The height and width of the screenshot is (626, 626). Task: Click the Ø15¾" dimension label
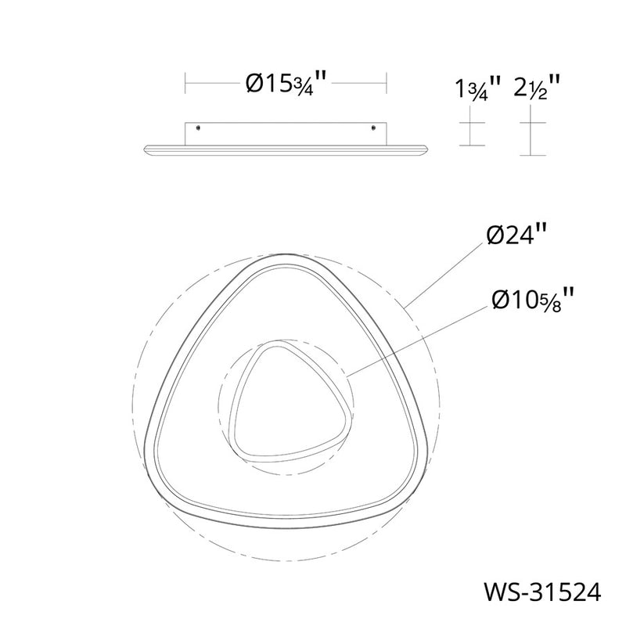[x=286, y=83]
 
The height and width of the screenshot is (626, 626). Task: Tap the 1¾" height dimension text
[x=477, y=88]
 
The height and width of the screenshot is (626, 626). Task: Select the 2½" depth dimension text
[x=537, y=87]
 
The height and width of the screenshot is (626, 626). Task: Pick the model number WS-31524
[x=542, y=592]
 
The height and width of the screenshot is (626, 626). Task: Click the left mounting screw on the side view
[x=199, y=128]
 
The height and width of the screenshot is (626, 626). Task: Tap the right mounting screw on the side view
[x=373, y=128]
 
